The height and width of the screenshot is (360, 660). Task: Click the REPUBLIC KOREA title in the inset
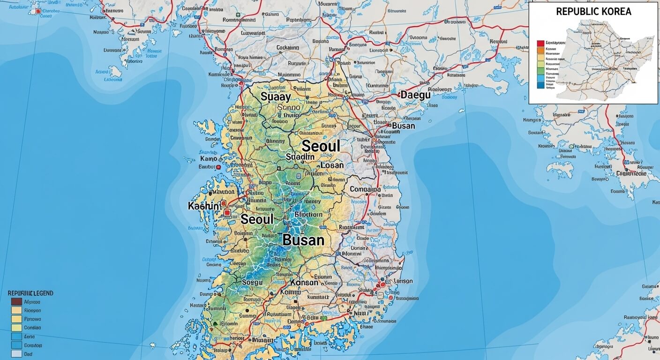[593, 12]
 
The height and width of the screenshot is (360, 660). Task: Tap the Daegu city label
[415, 95]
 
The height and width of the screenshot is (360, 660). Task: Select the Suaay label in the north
[276, 97]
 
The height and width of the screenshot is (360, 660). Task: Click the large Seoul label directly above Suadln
[321, 146]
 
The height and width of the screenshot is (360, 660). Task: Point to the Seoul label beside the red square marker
[257, 219]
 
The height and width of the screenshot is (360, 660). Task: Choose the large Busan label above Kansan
[303, 240]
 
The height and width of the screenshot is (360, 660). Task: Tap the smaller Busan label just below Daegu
[403, 126]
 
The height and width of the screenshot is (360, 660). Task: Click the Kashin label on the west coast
[203, 206]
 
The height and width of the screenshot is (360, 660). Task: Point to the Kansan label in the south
[304, 283]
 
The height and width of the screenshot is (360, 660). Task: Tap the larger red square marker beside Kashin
[227, 212]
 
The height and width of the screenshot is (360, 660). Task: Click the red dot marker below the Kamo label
[219, 167]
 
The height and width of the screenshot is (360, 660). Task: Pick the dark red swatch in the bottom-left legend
[16, 302]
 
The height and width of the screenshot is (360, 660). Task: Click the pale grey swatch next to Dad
[16, 354]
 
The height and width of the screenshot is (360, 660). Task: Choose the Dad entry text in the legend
[28, 354]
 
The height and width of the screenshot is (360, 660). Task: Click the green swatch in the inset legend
[540, 68]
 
